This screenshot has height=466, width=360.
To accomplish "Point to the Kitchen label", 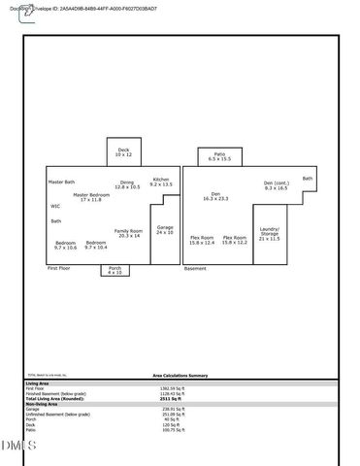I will click(161, 181).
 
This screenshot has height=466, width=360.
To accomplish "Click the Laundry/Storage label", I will click(269, 234).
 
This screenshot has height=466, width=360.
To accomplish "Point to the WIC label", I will click(55, 206).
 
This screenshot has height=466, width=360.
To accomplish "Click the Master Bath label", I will click(61, 182).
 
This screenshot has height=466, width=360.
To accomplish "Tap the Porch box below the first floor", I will click(115, 270).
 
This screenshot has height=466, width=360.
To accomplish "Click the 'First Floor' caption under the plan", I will click(59, 267).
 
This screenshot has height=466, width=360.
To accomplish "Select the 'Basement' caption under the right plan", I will click(195, 267).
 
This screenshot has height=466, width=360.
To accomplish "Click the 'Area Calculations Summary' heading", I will click(180, 374).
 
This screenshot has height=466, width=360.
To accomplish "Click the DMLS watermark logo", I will click(17, 446).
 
